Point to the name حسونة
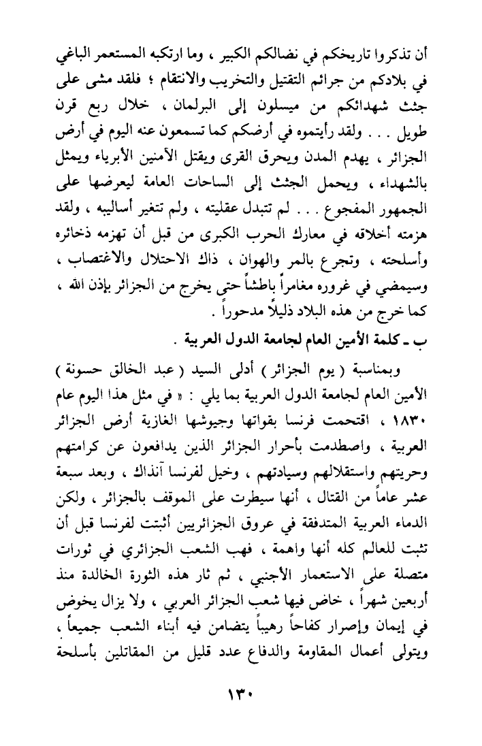[x=66, y=369]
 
